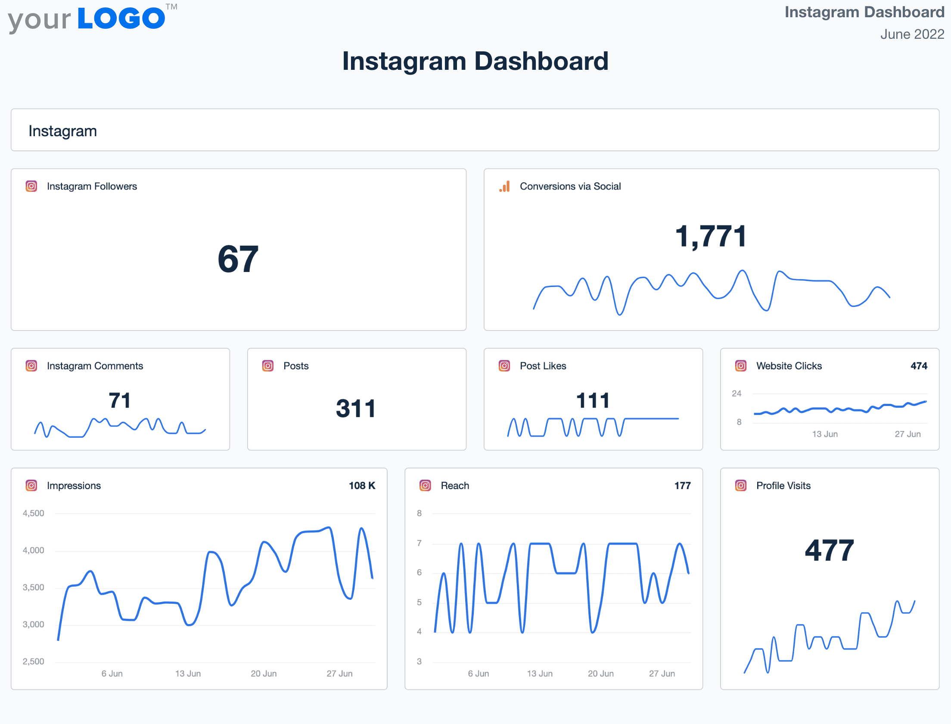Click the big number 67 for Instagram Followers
pos(238,259)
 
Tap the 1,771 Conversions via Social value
pos(711,237)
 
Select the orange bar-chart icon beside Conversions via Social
pos(504,186)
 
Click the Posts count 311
pos(356,409)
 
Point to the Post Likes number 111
pos(593,400)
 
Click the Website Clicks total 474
pos(918,366)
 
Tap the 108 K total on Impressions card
pos(362,486)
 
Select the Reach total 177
pos(682,486)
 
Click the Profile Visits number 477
pos(829,550)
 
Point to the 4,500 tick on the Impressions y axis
pos(34,513)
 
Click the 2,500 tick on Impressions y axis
pos(34,662)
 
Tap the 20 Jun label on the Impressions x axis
pos(264,674)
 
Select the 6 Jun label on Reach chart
pos(479,674)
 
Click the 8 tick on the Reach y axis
pos(419,513)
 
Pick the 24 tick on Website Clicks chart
pos(737,393)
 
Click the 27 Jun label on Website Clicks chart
pos(907,434)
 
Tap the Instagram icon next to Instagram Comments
pos(31,366)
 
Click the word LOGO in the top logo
pos(121,19)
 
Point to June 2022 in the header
pos(912,34)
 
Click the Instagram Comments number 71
pos(120,400)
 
